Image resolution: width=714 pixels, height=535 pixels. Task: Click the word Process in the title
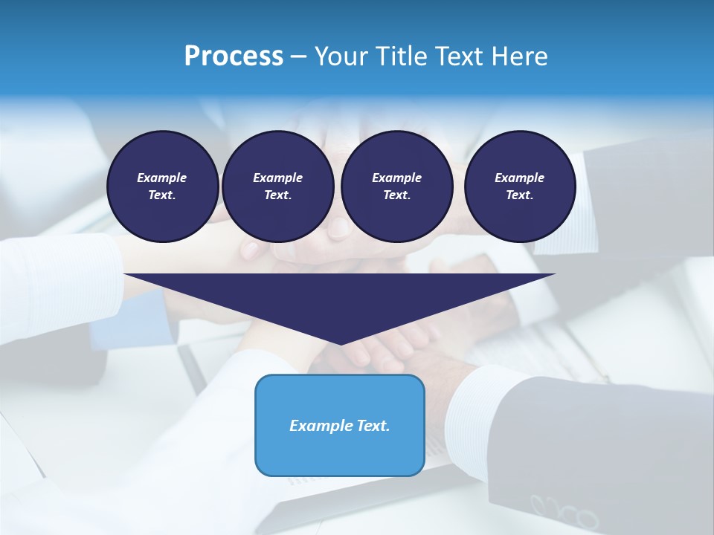click(234, 56)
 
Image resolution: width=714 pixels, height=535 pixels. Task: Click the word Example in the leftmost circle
click(162, 178)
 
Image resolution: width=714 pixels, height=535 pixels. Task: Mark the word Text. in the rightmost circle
click(519, 195)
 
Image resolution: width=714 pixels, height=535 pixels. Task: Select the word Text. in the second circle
click(277, 195)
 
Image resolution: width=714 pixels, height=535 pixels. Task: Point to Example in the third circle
click(396, 178)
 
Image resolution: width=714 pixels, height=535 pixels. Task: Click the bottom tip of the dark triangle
click(341, 343)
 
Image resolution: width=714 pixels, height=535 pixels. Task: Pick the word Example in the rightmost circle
click(519, 178)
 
